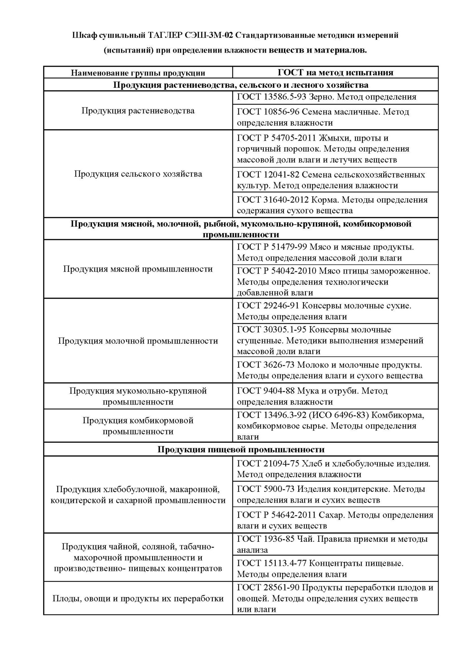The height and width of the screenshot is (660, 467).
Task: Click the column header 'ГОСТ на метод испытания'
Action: click(x=335, y=73)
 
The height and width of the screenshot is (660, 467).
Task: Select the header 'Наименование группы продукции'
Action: click(x=138, y=73)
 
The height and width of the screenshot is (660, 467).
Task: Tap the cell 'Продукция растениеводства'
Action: click(x=138, y=111)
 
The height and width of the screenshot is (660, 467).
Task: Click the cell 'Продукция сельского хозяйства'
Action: click(x=138, y=174)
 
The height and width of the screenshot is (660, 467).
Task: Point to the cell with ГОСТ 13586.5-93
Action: click(x=335, y=97)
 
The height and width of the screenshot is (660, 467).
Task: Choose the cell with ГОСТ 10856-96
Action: click(x=335, y=117)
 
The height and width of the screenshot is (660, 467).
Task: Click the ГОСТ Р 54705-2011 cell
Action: click(x=335, y=149)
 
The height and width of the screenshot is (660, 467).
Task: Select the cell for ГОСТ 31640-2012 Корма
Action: click(x=335, y=205)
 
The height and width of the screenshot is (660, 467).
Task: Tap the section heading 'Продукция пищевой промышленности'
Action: click(x=241, y=449)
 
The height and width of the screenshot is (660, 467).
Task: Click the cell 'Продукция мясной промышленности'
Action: click(x=138, y=269)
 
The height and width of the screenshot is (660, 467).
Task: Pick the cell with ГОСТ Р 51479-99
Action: click(x=335, y=252)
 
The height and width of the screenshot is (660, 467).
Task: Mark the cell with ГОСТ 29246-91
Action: click(x=335, y=311)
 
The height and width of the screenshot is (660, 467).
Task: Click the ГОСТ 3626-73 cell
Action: click(x=335, y=370)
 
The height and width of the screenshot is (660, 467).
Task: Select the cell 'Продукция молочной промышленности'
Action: click(x=138, y=341)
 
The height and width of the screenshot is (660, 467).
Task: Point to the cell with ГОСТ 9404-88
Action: click(x=335, y=396)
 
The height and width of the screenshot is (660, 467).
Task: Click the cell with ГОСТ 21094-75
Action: click(x=335, y=469)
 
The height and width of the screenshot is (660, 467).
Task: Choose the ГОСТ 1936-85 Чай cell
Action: click(x=335, y=544)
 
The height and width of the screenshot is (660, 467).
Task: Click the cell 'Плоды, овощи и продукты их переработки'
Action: click(x=138, y=598)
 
